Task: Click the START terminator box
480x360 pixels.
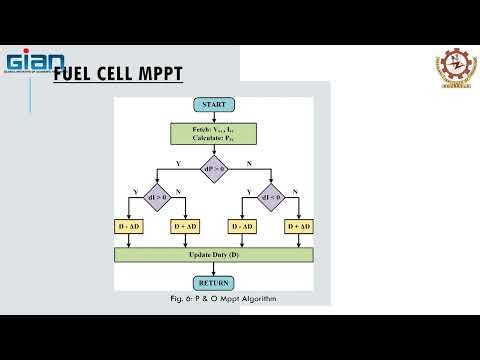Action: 214,104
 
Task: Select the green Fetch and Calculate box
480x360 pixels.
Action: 214,133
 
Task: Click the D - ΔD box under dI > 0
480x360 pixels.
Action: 131,227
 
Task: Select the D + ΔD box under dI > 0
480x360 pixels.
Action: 186,227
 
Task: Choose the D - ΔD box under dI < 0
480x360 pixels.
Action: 243,227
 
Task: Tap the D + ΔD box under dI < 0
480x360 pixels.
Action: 298,227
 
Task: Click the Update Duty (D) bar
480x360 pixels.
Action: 214,255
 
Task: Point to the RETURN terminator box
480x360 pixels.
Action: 214,282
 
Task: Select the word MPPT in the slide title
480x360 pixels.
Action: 156,74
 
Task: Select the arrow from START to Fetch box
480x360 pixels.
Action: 214,116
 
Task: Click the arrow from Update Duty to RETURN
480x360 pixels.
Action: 214,269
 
